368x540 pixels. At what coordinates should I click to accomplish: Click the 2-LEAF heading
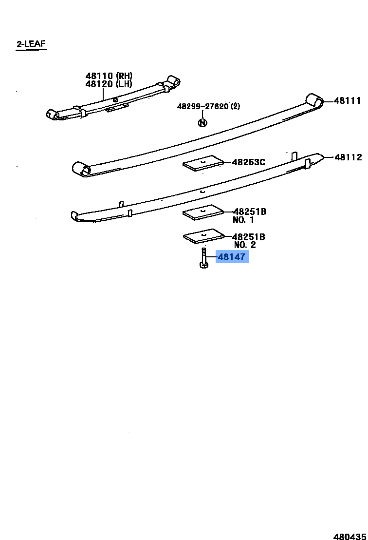(x=31, y=44)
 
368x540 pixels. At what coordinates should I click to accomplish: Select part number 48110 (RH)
(x=109, y=76)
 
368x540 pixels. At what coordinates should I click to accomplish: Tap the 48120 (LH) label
(x=109, y=84)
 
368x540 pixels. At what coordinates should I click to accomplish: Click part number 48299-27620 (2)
(x=208, y=106)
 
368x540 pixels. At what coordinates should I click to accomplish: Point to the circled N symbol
(x=202, y=123)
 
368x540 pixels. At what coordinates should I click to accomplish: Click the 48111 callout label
(x=348, y=100)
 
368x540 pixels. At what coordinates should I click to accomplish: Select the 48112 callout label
(x=348, y=157)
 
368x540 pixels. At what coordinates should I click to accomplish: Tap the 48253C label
(x=248, y=162)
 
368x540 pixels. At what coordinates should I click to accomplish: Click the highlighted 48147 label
(x=232, y=256)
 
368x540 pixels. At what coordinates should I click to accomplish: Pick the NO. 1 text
(x=243, y=220)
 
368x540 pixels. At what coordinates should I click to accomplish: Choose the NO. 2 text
(x=245, y=245)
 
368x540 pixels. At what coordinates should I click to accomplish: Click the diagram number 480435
(x=350, y=536)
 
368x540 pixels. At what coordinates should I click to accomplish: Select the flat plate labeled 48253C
(x=203, y=163)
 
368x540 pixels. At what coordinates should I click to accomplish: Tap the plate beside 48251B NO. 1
(x=203, y=212)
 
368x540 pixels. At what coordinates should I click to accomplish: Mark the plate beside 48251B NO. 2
(x=203, y=236)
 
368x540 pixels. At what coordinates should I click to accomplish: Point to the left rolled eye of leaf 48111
(x=81, y=169)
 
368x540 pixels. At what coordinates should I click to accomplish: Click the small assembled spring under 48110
(x=113, y=98)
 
